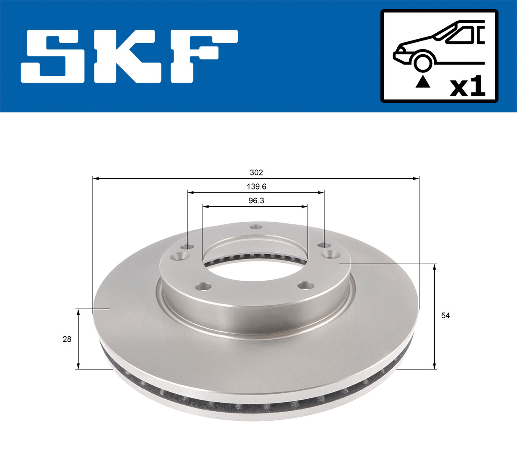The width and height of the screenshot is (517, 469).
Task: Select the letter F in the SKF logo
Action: [202, 56]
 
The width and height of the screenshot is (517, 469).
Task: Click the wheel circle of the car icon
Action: [423, 63]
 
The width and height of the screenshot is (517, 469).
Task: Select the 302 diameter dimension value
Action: [256, 173]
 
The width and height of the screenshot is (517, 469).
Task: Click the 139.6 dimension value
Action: [256, 187]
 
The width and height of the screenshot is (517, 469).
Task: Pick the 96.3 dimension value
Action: [256, 201]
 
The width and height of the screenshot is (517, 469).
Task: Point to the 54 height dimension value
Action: [445, 316]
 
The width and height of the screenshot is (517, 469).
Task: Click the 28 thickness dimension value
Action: [67, 339]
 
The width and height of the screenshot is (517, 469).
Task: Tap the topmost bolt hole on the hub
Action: [256, 227]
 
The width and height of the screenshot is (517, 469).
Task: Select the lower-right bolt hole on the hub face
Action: [306, 285]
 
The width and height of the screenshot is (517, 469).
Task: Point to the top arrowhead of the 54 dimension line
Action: [435, 267]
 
